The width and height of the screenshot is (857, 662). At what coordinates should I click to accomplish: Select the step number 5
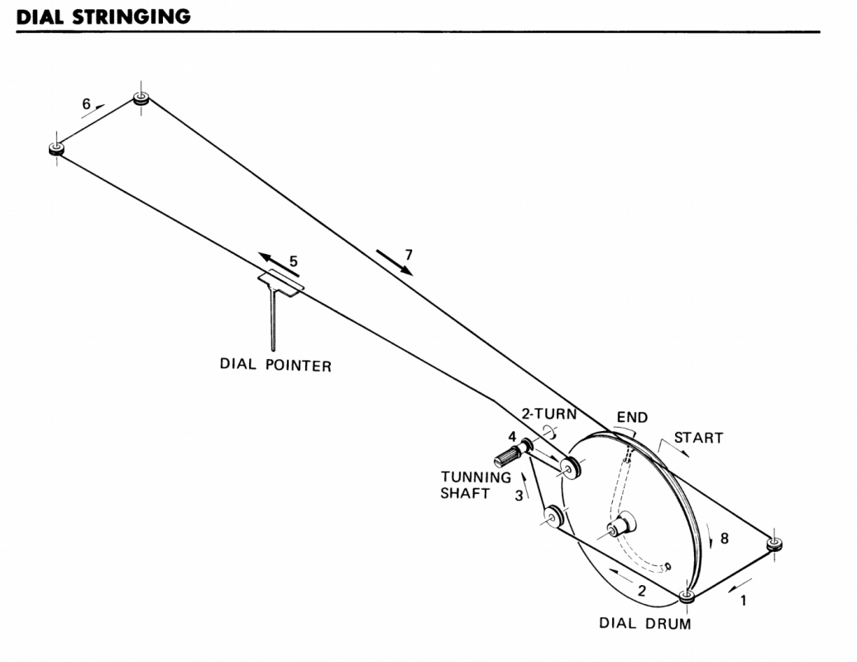pyautogui.click(x=294, y=261)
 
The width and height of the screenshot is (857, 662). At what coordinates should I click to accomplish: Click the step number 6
pyautogui.click(x=86, y=104)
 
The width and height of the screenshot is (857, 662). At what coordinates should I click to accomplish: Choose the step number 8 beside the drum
pyautogui.click(x=725, y=537)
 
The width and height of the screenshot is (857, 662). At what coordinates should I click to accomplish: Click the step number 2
pyautogui.click(x=641, y=592)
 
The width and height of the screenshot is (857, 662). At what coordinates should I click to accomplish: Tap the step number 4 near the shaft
pyautogui.click(x=513, y=436)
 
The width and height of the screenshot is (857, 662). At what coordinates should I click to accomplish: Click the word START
pyautogui.click(x=699, y=438)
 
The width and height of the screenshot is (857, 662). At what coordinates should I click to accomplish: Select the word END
pyautogui.click(x=632, y=418)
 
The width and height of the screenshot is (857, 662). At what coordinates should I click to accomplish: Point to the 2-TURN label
pyautogui.click(x=548, y=413)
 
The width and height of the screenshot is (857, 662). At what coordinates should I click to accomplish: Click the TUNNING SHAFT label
pyautogui.click(x=476, y=485)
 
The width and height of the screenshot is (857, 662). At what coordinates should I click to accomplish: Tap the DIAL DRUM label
pyautogui.click(x=645, y=623)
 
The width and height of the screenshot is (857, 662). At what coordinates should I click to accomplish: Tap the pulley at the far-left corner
pyautogui.click(x=56, y=149)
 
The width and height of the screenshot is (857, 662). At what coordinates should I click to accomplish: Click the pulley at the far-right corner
pyautogui.click(x=774, y=544)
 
